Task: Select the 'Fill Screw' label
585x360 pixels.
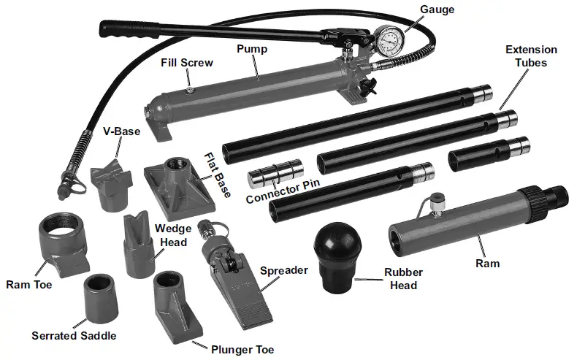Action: tap(187, 63)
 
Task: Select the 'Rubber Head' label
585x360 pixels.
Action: tap(403, 279)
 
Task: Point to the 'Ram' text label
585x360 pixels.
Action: tap(487, 263)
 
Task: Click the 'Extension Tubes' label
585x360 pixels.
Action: tap(531, 56)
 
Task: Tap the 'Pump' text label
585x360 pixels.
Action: tap(251, 50)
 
